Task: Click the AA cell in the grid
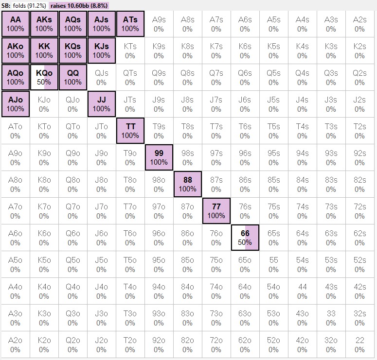pos(15,24)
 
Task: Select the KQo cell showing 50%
pos(44,77)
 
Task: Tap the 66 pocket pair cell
pos(245,238)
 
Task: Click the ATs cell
pos(130,24)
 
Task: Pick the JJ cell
pos(101,104)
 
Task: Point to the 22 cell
pos(359,344)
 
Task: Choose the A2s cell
pos(359,24)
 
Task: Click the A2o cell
pos(15,344)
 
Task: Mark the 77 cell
pos(216,211)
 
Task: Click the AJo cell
pos(15,104)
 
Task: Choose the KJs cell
pos(101,51)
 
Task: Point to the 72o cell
pos(216,344)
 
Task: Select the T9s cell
pos(159,131)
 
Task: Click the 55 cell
pos(273,264)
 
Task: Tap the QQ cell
pos(72,77)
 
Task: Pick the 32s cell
pos(359,318)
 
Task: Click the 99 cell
pos(159,157)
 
